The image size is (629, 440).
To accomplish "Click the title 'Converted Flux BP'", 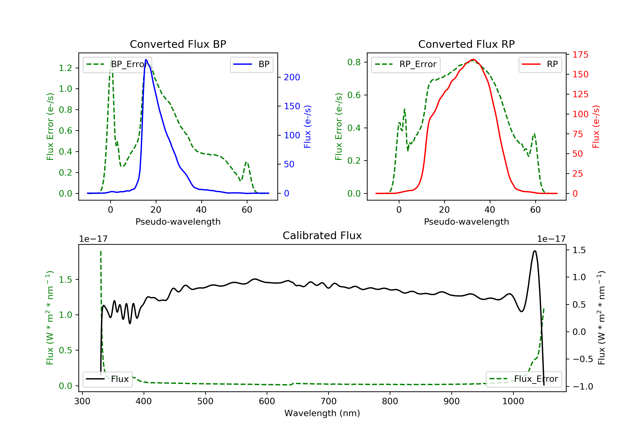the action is [x=178, y=44].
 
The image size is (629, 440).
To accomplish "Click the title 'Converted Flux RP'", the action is [x=466, y=44].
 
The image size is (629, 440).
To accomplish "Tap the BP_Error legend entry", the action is [x=117, y=64].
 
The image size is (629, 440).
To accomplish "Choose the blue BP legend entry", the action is [x=251, y=64].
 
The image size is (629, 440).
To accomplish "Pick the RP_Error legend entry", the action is [x=406, y=64].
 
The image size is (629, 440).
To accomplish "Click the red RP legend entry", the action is [x=540, y=64].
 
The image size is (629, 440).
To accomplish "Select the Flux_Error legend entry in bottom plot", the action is [x=524, y=379].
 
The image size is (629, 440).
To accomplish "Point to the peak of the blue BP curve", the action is [x=146, y=60].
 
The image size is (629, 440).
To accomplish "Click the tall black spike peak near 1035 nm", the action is [x=535, y=251].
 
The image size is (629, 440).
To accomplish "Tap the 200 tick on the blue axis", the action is [x=292, y=78].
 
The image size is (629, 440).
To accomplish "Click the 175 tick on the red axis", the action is [x=580, y=55].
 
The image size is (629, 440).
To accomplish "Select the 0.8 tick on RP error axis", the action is [x=354, y=62].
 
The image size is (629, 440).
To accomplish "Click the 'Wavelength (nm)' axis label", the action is [x=322, y=413].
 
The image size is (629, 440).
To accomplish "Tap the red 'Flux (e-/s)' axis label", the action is [x=596, y=127].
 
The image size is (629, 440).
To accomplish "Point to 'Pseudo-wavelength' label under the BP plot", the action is [x=178, y=222].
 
